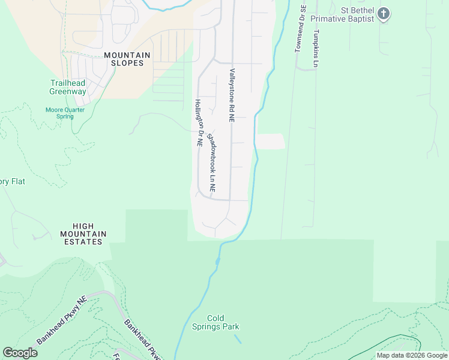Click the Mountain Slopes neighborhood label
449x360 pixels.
coord(127,59)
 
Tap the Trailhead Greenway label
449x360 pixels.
coord(68,88)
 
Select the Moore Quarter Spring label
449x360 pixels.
coord(65,113)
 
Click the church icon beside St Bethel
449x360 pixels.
coord(384,13)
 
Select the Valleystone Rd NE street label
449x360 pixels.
coord(231,95)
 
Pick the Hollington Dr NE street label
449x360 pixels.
coord(197,123)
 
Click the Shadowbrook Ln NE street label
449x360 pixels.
coord(211,163)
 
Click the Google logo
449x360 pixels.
coord(20,353)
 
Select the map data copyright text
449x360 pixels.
coord(412,355)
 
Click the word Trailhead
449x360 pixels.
coord(68,83)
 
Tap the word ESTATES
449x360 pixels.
coord(83,242)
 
